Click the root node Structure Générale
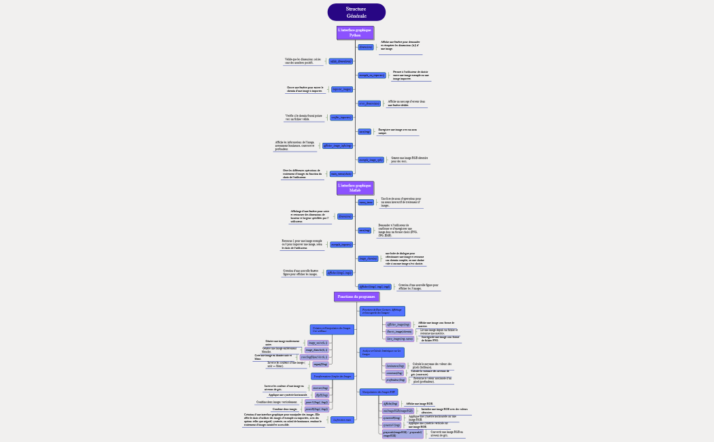[x=356, y=12]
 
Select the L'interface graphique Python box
[x=356, y=33]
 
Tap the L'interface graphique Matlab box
[x=355, y=188]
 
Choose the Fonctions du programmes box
[x=357, y=296]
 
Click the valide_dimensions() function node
[x=340, y=61]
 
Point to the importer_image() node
[x=342, y=89]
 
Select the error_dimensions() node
[x=369, y=103]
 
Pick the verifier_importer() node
[x=341, y=118]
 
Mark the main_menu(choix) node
[x=340, y=173]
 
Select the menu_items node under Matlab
[x=366, y=202]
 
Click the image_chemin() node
[x=368, y=258]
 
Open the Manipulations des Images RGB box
[x=379, y=392]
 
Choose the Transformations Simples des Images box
[x=333, y=376]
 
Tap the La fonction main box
[x=343, y=420]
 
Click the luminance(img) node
[x=395, y=366]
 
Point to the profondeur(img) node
[x=396, y=379]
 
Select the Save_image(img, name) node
[x=399, y=338]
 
